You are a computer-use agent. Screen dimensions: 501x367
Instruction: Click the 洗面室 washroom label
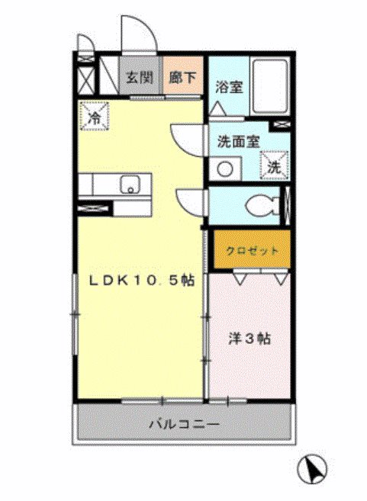click(x=240, y=141)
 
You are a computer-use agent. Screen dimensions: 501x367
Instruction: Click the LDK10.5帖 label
click(x=143, y=281)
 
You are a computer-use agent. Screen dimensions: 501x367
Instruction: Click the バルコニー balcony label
click(x=184, y=423)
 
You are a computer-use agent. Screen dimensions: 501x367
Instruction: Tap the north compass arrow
click(x=314, y=467)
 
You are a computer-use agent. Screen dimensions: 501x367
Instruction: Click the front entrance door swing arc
click(x=138, y=34)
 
